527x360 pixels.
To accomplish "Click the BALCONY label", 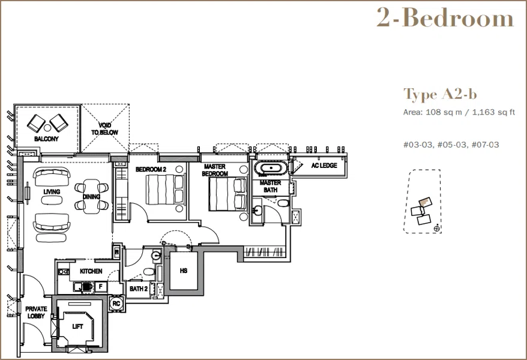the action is pyautogui.click(x=46, y=139).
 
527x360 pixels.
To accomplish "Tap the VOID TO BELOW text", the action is pyautogui.click(x=104, y=129).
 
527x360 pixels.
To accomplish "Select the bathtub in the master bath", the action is pyautogui.click(x=271, y=168).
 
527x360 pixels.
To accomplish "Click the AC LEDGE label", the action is pyautogui.click(x=324, y=165).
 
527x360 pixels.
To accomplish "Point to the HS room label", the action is pyautogui.click(x=184, y=271).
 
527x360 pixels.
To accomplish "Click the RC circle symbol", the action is pyautogui.click(x=116, y=304).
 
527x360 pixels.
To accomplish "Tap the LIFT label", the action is pyautogui.click(x=77, y=326).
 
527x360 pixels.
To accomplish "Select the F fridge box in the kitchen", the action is pyautogui.click(x=100, y=287).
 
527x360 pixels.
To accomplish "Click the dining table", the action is pyautogui.click(x=91, y=196).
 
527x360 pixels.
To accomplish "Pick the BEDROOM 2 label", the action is pyautogui.click(x=151, y=169).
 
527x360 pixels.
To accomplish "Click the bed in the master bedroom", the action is pyautogui.click(x=228, y=194).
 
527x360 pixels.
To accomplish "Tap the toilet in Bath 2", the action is pyautogui.click(x=148, y=271).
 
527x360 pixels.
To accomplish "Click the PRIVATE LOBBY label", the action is pyautogui.click(x=36, y=313).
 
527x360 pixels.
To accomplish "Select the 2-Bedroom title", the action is pyautogui.click(x=445, y=17).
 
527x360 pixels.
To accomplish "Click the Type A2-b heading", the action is pyautogui.click(x=440, y=94).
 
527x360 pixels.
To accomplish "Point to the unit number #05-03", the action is pyautogui.click(x=451, y=145).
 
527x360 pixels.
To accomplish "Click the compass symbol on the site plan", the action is pyautogui.click(x=436, y=229).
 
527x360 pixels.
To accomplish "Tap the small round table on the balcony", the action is pyautogui.click(x=47, y=128).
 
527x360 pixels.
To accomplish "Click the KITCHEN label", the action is pyautogui.click(x=91, y=271).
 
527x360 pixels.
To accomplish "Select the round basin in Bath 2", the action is pyautogui.click(x=156, y=256).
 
